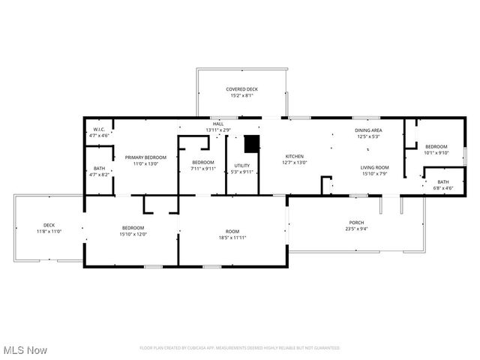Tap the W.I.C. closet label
pos(99,130)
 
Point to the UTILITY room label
pos(241,166)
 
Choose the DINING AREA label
pos(368,130)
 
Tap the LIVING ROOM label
pos(374,167)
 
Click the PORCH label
pos(355,223)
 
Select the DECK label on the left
pos(49,225)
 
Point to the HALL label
pos(218,124)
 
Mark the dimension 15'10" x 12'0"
pos(133,234)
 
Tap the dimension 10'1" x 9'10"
pos(436,152)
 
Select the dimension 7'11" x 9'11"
pos(202,169)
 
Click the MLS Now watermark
pos(25,350)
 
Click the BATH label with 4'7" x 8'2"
pos(100,168)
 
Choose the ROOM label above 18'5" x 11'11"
pos(232,231)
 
